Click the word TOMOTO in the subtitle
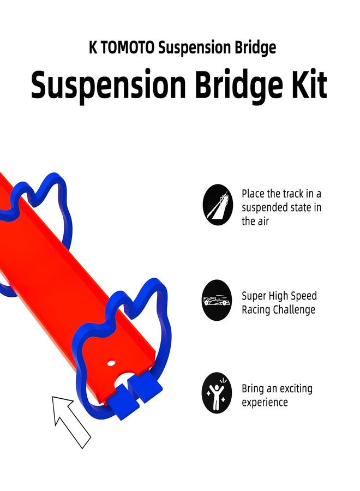coord(128,47)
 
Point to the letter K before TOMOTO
coord(93,47)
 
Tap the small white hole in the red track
coord(111,363)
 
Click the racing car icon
coord(217,300)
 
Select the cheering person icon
coord(217,393)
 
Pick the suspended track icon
coord(218,205)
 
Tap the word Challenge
coord(294,309)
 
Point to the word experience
coord(265,403)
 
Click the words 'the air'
coord(255,221)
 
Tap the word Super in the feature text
coord(254,296)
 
